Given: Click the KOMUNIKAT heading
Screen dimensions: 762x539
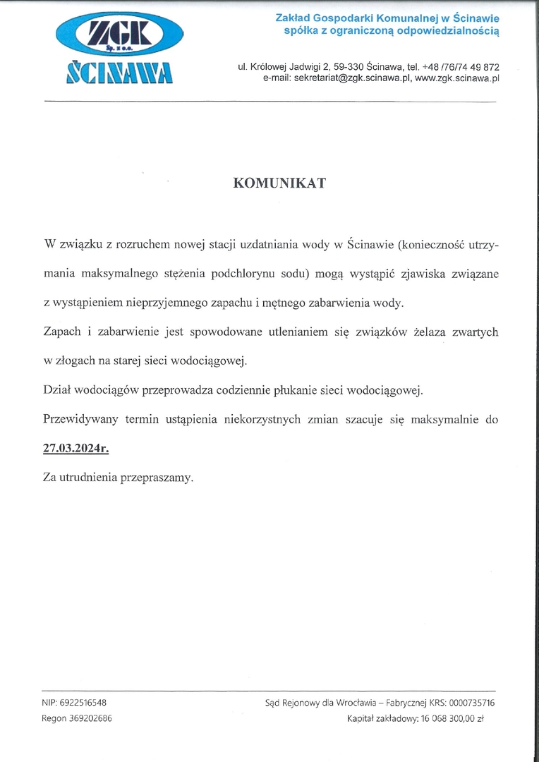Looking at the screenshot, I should coord(279,183).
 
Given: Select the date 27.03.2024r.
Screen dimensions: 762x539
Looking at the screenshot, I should coord(76,448).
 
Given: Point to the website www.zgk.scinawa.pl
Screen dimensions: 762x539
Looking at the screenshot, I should coord(457,78).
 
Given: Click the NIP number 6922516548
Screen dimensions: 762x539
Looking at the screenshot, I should coord(83,703).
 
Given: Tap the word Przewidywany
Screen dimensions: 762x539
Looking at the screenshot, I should coord(79,419).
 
